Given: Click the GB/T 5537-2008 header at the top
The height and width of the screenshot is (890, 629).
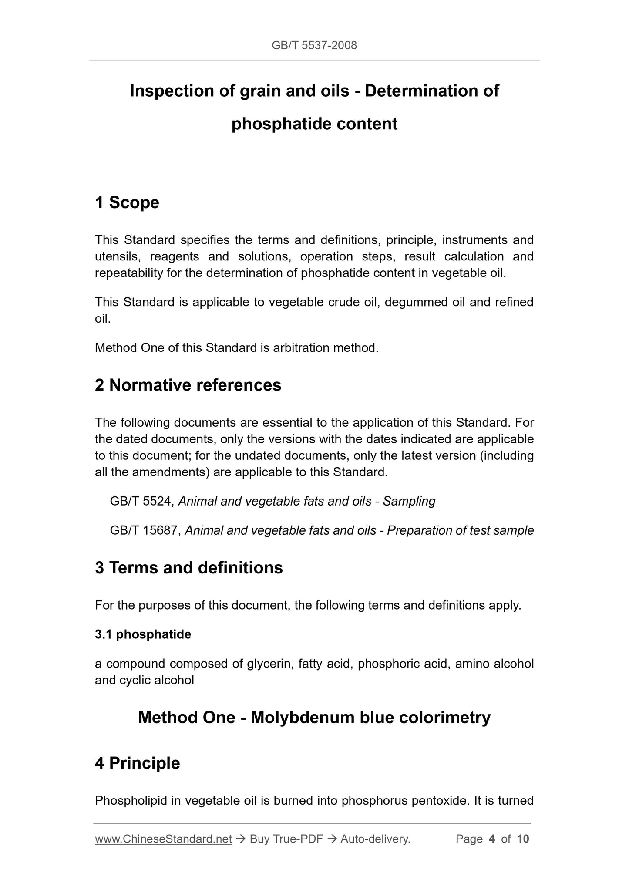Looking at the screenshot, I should tap(314, 45).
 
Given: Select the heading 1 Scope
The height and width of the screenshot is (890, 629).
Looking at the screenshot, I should tap(127, 202).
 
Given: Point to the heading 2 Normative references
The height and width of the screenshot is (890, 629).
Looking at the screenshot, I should tap(188, 385).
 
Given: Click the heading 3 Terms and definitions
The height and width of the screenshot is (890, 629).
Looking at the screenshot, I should tap(189, 568).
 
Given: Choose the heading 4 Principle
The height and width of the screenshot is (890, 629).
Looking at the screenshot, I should tap(138, 763).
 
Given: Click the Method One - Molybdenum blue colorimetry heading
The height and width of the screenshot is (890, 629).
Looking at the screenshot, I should tap(314, 717).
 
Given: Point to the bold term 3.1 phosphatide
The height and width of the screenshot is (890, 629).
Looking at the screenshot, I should tap(143, 634).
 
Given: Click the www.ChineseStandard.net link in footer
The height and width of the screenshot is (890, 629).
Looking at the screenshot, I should tap(163, 839).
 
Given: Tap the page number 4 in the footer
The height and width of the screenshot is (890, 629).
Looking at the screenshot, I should tap(492, 839).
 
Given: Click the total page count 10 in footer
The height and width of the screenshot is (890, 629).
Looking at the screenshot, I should tap(523, 839).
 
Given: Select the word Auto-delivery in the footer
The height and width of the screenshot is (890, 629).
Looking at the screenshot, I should tap(375, 839).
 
